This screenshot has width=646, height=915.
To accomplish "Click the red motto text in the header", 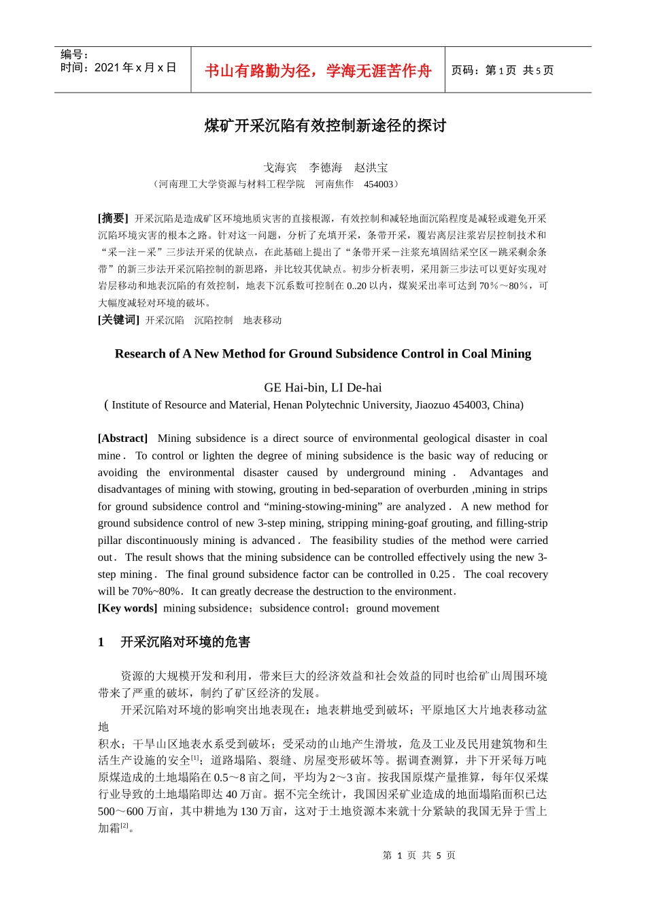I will (318, 71).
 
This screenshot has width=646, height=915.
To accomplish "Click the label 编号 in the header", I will (74, 54).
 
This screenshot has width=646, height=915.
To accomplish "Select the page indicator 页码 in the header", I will (503, 70).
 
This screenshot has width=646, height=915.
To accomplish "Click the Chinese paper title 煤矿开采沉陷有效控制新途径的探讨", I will (325, 126).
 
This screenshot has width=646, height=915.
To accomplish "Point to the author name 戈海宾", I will (280, 167).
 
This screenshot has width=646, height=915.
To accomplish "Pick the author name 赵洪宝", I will (371, 167).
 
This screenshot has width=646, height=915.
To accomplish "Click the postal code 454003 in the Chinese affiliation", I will (378, 184).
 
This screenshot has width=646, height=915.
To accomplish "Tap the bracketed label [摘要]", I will (113, 219).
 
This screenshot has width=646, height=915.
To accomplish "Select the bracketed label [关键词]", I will (118, 320).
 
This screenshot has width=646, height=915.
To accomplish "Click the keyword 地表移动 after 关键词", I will (262, 320).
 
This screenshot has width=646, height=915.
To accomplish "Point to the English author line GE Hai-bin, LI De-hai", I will (322, 387).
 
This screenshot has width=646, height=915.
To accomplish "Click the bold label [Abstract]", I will (122, 438).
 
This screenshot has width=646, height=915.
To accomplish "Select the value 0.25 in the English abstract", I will (440, 575).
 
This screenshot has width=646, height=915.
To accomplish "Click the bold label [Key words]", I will (127, 608).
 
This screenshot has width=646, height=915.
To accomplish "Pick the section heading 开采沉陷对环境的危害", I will (185, 642).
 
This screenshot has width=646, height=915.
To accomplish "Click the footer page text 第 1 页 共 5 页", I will (419, 855).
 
